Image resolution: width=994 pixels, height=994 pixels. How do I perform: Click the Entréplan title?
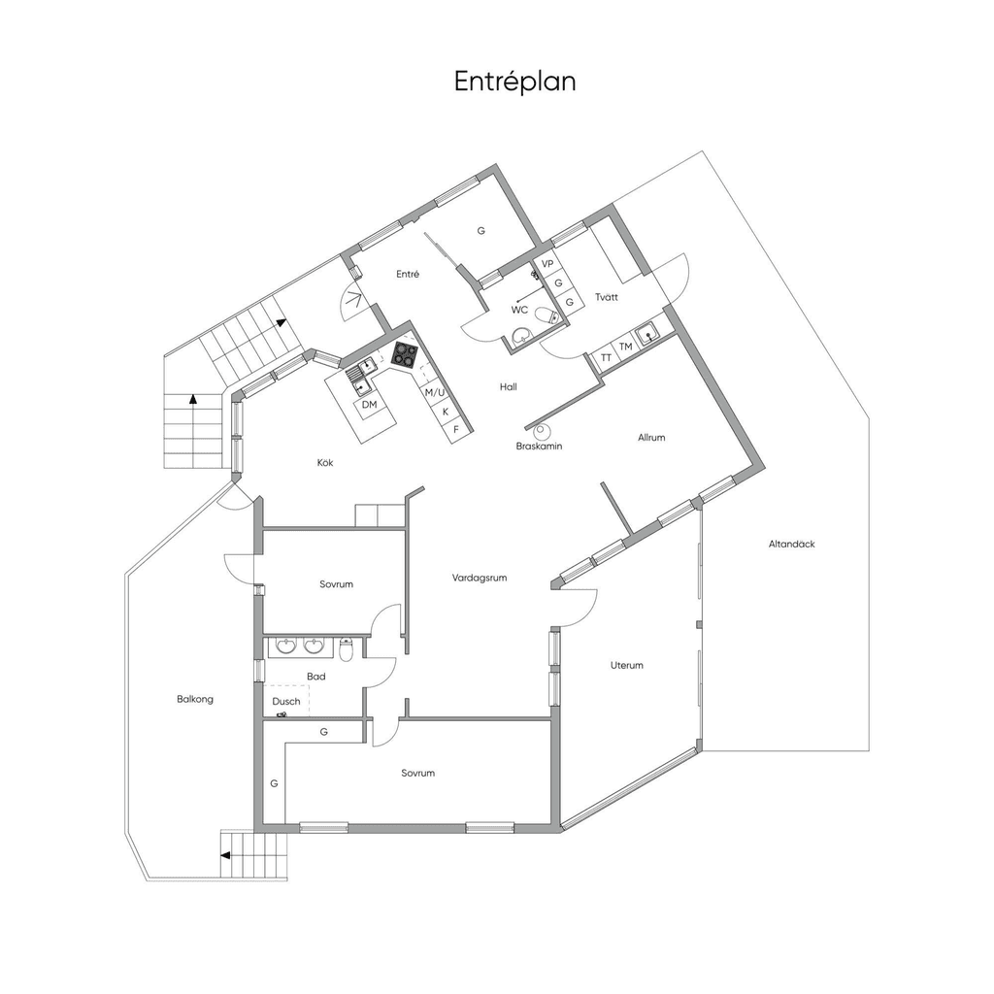[x=514, y=82]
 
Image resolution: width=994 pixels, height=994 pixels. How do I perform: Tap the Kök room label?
[x=325, y=463]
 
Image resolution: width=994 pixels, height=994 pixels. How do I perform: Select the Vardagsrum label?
[x=480, y=579]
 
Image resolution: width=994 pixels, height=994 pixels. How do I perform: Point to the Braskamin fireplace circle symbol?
[x=542, y=432]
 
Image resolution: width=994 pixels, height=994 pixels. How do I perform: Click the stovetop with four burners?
[x=405, y=354]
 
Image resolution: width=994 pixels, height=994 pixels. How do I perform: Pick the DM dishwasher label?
[x=369, y=405]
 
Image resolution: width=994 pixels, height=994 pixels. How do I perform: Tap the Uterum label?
[x=627, y=666]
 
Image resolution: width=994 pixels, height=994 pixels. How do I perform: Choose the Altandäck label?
[x=792, y=544]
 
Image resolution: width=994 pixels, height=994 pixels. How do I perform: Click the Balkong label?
[x=195, y=699]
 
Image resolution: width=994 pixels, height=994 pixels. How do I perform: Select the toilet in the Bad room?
[x=347, y=649]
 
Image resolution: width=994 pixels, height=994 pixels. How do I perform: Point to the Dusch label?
[x=286, y=702]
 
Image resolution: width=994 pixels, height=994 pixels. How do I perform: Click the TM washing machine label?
[x=626, y=347]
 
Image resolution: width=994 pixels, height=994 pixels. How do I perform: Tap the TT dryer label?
[x=606, y=358]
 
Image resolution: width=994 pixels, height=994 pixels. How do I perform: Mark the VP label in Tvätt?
[x=547, y=264]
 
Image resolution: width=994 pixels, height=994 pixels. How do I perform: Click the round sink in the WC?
[x=522, y=336]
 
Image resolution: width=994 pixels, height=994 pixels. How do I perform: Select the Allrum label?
[x=651, y=438]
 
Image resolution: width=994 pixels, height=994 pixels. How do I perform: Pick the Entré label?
[x=408, y=275]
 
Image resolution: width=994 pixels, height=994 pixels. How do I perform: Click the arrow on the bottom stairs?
[x=225, y=855]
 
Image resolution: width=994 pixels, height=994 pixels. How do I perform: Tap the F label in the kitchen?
[x=456, y=430]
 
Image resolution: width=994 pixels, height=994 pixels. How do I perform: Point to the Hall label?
[x=509, y=386]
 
